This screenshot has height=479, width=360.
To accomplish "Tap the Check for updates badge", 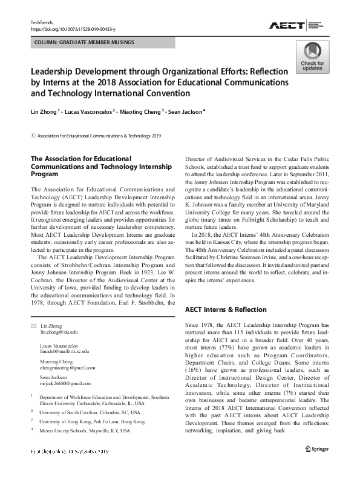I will click(312, 58).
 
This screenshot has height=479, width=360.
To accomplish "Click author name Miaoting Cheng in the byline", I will click(146, 111).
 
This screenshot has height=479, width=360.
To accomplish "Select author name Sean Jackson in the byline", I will click(189, 111).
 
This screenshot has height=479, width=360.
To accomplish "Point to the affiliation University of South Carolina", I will click(91, 411).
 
